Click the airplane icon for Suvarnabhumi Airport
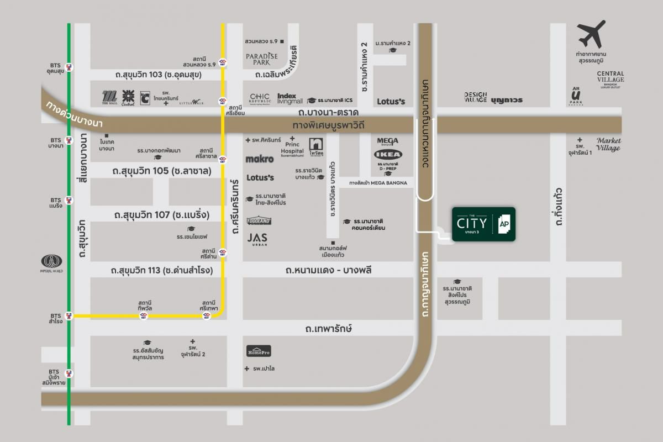(x=592, y=34)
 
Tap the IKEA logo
(x=388, y=154)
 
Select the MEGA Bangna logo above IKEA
(x=388, y=141)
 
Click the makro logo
(x=260, y=159)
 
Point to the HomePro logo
(x=259, y=351)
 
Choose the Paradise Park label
(x=262, y=59)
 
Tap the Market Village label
(x=608, y=144)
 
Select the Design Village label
(x=475, y=98)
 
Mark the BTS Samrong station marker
(x=70, y=316)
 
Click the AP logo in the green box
(x=504, y=224)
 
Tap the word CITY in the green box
(x=471, y=223)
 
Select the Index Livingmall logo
(x=290, y=98)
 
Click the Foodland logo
(x=259, y=220)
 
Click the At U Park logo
(x=577, y=97)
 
